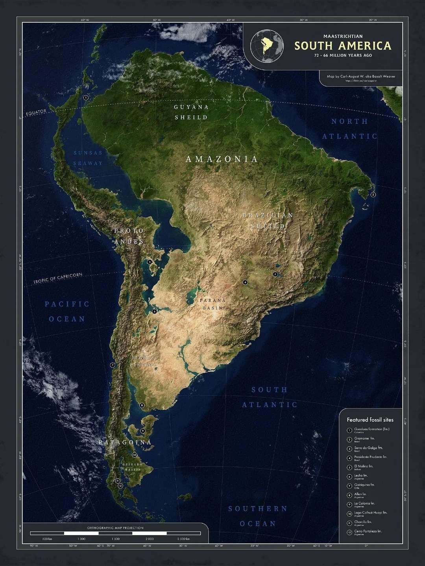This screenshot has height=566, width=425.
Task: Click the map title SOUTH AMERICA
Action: coord(343,46)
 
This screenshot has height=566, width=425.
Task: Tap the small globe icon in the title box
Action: coord(268,46)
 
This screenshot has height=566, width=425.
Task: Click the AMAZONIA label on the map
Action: coord(222,159)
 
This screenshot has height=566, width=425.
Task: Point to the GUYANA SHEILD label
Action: coord(191,112)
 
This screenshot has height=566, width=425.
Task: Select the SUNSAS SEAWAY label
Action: coord(87,158)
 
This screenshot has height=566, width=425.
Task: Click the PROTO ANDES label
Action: coord(129,236)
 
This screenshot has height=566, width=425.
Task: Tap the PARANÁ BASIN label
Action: coord(213,304)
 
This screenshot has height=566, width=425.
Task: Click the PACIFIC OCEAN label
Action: coord(67,311)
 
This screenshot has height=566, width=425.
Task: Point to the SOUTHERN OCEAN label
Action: coord(258,516)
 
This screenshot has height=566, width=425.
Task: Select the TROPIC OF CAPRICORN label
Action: coord(58,278)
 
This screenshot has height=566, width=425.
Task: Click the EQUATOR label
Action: coord(36,113)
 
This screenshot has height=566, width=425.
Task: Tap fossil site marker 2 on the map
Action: coord(373,195)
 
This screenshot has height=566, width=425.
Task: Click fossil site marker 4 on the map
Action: coord(245,282)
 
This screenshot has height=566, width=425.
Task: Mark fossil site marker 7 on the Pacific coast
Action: coord(113,365)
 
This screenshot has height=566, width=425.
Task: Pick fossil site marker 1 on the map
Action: coord(86,97)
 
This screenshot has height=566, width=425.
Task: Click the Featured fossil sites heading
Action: coord(370,420)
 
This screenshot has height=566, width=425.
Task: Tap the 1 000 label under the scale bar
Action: coord(81,538)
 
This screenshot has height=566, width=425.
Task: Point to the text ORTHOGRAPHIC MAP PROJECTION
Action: coord(115,528)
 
